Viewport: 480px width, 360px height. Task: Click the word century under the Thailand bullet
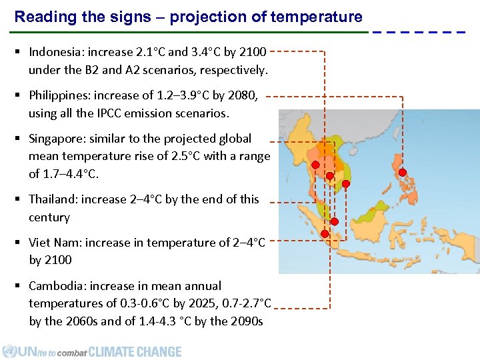tap(49, 217)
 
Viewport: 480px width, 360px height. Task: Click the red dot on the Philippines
tap(402, 172)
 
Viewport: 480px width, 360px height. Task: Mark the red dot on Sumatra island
tap(325, 234)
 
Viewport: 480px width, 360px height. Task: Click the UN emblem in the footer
tap(9, 351)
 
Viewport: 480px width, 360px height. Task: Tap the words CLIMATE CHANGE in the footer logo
tap(135, 351)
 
